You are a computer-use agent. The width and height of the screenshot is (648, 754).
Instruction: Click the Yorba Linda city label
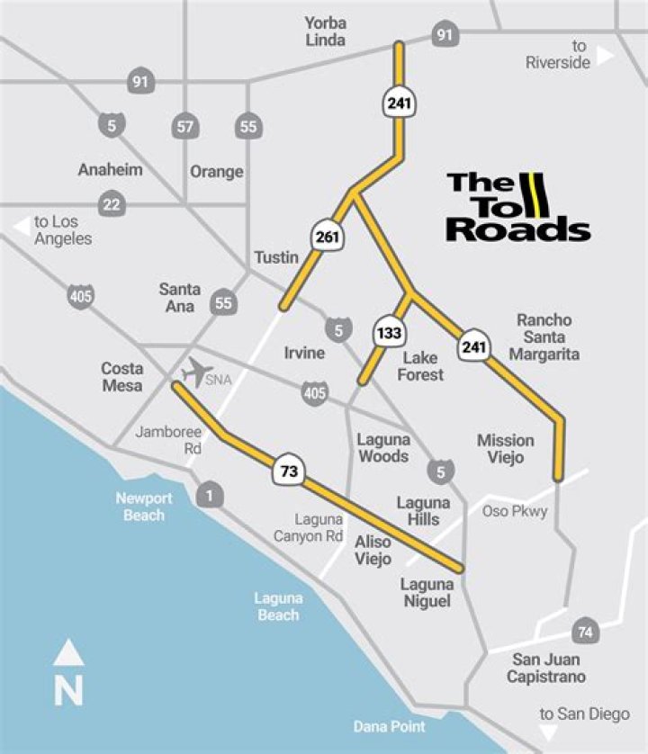pyautogui.click(x=325, y=31)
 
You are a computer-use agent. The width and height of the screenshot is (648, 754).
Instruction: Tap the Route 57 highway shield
pyautogui.click(x=185, y=127)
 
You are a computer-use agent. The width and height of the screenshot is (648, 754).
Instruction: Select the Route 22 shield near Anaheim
pyautogui.click(x=111, y=204)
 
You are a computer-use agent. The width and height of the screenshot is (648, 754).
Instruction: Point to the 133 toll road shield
pyautogui.click(x=388, y=333)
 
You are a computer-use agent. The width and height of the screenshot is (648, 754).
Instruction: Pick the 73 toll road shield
pyautogui.click(x=288, y=471)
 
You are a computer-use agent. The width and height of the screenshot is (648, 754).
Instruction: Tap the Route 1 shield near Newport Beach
pyautogui.click(x=211, y=494)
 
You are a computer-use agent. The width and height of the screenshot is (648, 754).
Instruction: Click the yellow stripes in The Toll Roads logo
pyautogui.click(x=537, y=193)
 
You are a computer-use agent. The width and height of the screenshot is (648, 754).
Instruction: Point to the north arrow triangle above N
pyautogui.click(x=69, y=653)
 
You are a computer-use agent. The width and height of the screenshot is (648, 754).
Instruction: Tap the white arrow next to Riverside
pyautogui.click(x=605, y=56)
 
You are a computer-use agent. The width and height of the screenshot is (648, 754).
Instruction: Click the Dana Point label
pyautogui.click(x=390, y=725)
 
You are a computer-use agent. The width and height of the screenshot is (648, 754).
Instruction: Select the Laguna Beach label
pyautogui.click(x=278, y=606)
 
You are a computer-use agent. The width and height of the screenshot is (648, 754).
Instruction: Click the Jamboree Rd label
pyautogui.click(x=168, y=440)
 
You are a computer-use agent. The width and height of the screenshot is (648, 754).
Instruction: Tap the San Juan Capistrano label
pyautogui.click(x=545, y=668)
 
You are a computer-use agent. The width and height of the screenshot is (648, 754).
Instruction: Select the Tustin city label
pyautogui.click(x=275, y=257)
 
